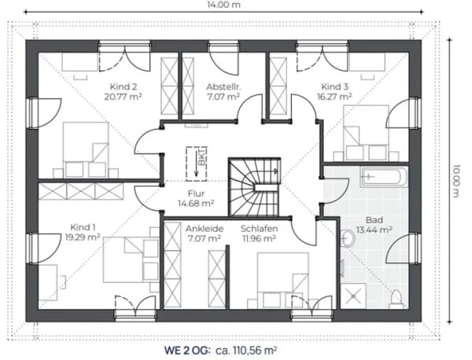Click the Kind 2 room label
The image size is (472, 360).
124,87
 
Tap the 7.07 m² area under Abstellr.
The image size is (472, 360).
223,97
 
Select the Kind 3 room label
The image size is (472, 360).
335,87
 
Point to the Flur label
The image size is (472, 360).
196,193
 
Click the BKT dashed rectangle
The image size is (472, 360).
196,164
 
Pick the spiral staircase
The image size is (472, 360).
254,187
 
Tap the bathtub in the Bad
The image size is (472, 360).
384,177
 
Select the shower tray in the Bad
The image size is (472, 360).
353,296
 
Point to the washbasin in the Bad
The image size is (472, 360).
348,239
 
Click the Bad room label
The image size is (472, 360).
374,220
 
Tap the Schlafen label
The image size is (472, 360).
259,229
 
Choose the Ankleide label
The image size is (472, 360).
205,229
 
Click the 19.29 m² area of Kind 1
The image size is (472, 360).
83,237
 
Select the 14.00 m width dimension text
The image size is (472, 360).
224,5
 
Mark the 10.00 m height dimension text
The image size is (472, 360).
455,181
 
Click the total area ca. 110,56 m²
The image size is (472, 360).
246,351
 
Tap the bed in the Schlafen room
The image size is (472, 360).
282,281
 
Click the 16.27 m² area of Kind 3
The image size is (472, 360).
335,97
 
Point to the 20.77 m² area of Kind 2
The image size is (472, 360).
124,97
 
